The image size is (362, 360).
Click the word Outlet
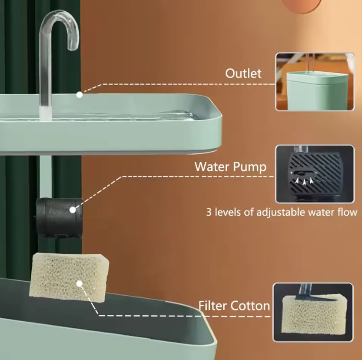[243, 73]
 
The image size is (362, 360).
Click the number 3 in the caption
[209, 213]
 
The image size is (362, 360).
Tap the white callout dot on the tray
[79, 94]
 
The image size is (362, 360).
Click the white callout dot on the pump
[73, 209]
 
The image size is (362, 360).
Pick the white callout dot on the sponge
[79, 283]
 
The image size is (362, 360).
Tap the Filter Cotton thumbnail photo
[313, 312]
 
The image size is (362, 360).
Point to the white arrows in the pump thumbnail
[304, 180]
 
